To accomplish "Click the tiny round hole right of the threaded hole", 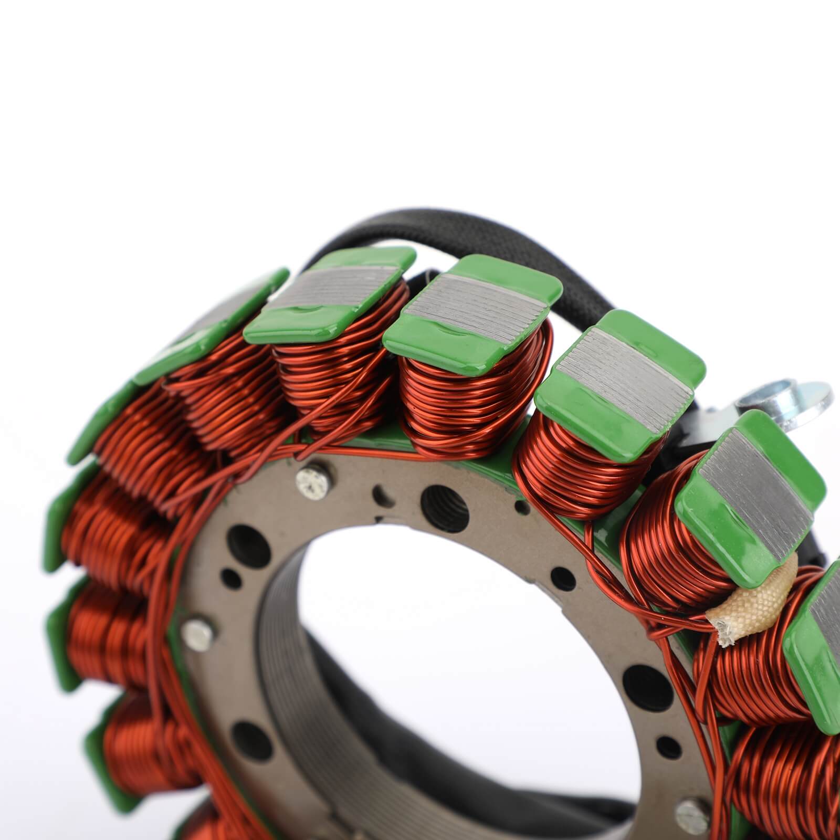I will point(520,507).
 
